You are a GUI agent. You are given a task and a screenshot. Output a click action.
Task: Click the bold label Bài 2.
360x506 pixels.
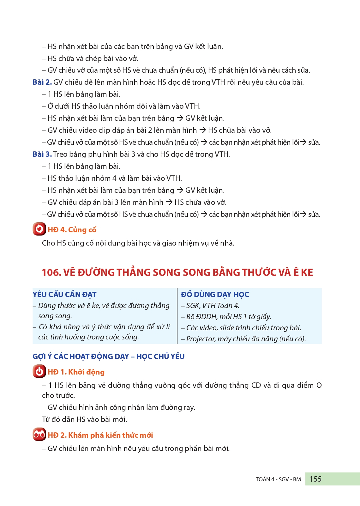coord(42,82)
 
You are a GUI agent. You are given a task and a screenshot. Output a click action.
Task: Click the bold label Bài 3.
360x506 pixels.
coord(42,154)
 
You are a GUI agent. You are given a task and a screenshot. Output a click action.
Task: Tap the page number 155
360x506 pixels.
coord(315,479)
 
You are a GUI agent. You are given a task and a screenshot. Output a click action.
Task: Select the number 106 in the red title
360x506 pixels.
coord(51,272)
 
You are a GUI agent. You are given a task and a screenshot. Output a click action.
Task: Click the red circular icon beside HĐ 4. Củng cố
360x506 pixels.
coord(39,229)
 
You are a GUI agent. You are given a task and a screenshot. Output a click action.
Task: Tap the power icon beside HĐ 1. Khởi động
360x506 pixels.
coord(39,371)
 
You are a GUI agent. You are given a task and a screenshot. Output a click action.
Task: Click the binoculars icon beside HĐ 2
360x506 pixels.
coord(39,435)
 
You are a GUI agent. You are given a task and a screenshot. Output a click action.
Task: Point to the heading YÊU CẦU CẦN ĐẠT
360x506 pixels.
coord(64,295)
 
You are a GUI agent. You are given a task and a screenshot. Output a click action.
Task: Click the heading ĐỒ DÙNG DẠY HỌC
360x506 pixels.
coord(215,295)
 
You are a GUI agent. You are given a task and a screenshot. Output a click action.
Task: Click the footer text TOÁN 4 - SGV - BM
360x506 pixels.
coord(278,479)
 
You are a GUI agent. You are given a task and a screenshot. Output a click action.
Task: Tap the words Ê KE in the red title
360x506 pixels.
coord(303,272)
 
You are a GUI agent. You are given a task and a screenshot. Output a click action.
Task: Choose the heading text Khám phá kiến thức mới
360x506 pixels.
coord(111,435)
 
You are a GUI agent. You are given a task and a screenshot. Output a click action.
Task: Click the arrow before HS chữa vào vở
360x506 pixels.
coord(169,202)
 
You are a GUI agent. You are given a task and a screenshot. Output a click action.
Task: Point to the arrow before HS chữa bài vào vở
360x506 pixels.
coord(202,130)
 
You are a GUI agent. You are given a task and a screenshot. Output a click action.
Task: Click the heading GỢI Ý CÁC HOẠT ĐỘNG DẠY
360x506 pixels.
coord(81,357)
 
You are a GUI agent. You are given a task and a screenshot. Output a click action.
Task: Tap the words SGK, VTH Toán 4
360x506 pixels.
coord(213,306)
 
